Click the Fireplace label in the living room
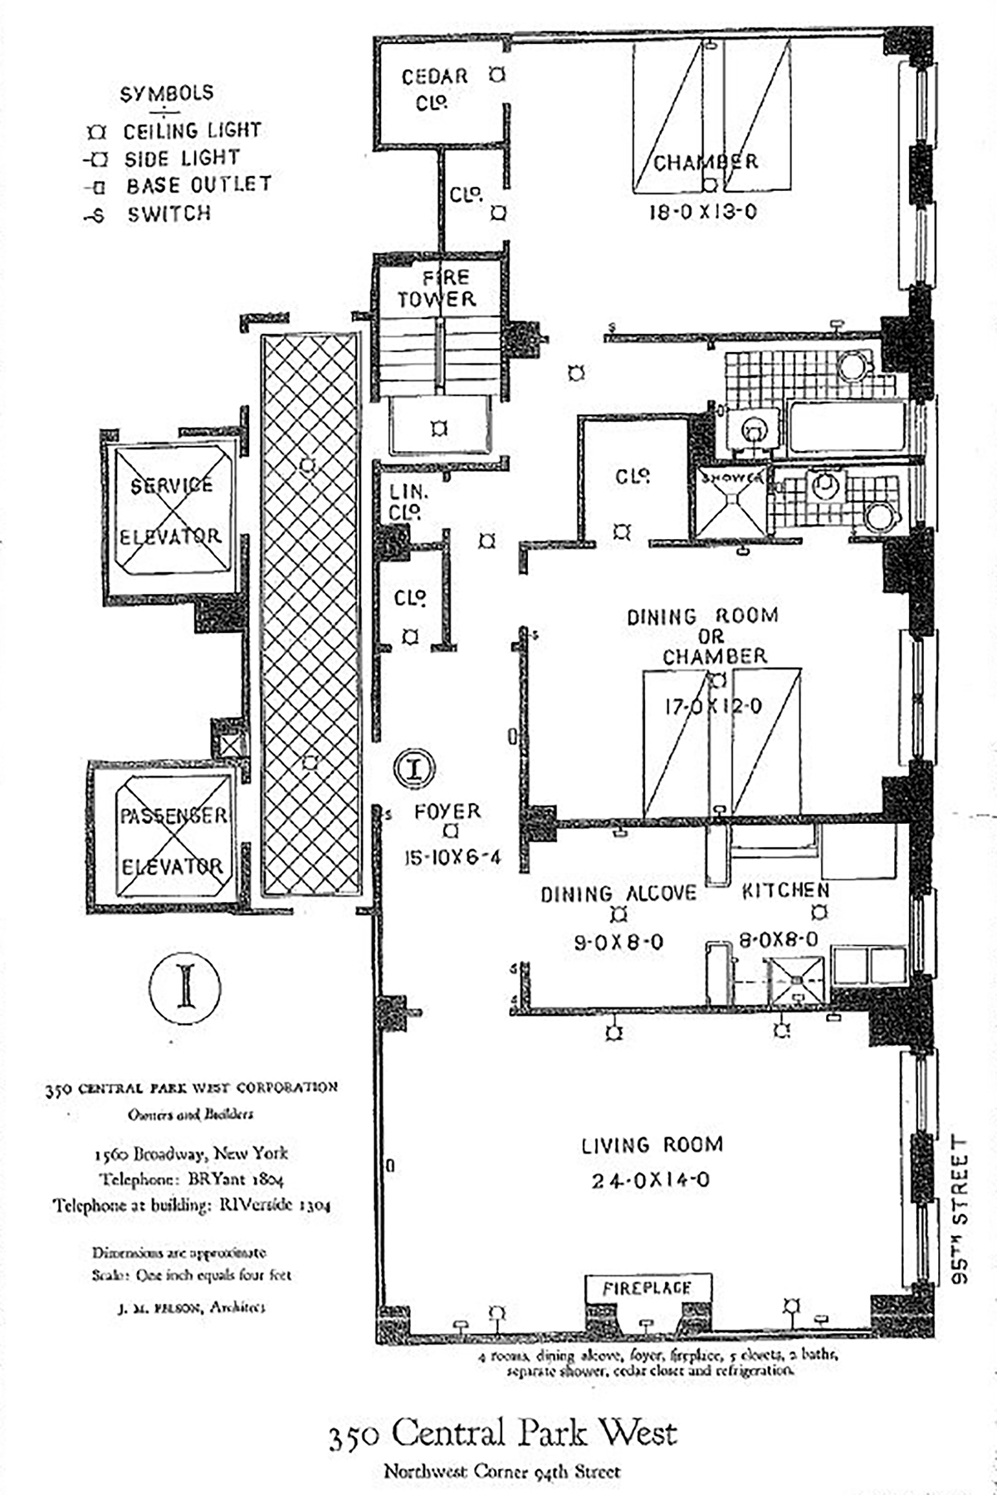(x=647, y=1288)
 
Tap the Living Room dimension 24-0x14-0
(x=651, y=1180)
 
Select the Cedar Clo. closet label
(x=434, y=89)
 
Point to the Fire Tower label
(x=437, y=288)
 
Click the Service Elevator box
(x=171, y=510)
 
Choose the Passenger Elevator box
(x=172, y=841)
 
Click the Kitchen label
(x=784, y=890)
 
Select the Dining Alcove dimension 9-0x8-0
(x=618, y=943)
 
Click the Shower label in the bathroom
(x=731, y=478)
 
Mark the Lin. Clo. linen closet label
(x=407, y=502)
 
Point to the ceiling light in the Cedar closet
(x=496, y=75)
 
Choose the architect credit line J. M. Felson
(x=192, y=1307)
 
